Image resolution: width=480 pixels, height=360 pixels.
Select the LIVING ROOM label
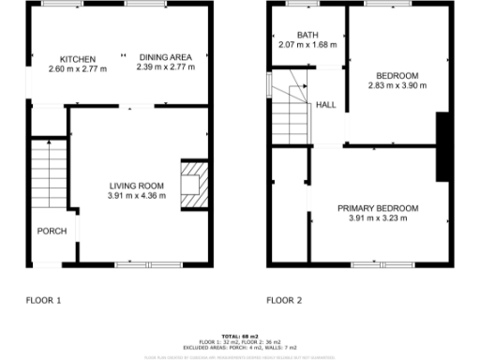(x=137, y=186)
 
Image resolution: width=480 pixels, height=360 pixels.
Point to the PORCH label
(x=49, y=231)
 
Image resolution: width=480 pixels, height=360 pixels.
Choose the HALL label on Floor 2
(x=326, y=104)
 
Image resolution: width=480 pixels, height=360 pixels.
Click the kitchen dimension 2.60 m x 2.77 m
(x=78, y=68)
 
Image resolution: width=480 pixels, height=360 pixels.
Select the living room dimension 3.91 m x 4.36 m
(x=137, y=196)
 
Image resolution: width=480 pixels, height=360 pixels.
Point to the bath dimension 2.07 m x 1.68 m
(x=307, y=45)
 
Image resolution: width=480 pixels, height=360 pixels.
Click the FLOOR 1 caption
(x=42, y=300)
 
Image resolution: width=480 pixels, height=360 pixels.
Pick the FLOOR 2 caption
(x=284, y=300)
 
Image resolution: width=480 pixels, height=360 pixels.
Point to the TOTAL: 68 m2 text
(x=240, y=336)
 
